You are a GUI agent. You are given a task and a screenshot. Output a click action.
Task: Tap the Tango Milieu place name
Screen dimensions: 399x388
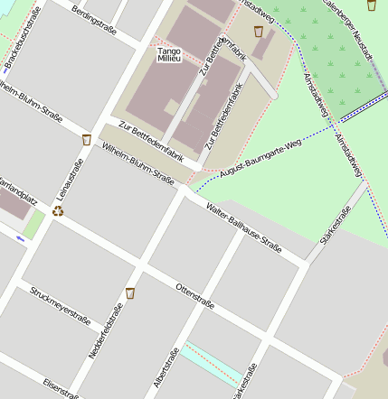[169, 55]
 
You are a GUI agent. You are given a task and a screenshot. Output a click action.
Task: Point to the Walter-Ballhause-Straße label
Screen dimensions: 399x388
[243, 227]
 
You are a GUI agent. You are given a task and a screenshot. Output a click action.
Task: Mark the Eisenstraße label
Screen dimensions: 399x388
[62, 388]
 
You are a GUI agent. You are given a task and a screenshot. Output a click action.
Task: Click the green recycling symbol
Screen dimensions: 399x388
[58, 210]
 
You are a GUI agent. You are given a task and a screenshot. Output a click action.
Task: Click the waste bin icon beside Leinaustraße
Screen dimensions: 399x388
[86, 140]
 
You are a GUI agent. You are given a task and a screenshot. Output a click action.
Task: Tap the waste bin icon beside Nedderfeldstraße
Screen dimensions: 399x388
[130, 292]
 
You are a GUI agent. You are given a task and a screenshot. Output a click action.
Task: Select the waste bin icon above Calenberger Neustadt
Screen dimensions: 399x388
[372, 5]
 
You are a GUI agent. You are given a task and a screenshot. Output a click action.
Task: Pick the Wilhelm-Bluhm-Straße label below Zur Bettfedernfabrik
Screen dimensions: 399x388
[138, 163]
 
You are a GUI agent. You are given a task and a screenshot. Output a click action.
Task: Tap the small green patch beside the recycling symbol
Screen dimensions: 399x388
[33, 225]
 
